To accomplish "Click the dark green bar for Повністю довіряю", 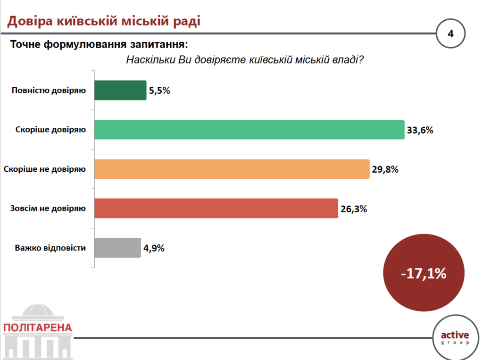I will (120, 90).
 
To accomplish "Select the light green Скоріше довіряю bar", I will (249, 129).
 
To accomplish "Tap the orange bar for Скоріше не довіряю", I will (232, 169).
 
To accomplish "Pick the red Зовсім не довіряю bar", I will (216, 209).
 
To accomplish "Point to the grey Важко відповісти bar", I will (117, 248).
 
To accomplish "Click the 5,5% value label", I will (159, 91).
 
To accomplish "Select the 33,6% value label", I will (420, 130).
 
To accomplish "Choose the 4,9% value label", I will (154, 248).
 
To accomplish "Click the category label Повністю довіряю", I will (49, 90).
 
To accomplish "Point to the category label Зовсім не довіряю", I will (48, 208).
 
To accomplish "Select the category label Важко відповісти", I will (50, 248).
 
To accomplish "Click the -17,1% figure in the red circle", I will (424, 274).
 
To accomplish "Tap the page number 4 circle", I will (450, 34).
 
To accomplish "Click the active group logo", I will (455, 337).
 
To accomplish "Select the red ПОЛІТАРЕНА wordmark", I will (37, 327).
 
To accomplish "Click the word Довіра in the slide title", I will (30, 21).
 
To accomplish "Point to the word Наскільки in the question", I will (150, 60).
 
